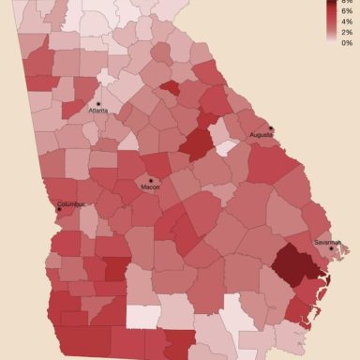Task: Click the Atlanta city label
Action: point(97,111)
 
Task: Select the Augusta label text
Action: point(262,135)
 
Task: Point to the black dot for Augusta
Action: point(271,127)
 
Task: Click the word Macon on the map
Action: point(150,187)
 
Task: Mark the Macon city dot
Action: point(150,179)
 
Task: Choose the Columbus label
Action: point(71,203)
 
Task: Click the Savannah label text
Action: point(327,242)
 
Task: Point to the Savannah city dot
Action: point(333,248)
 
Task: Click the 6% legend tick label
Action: point(346,10)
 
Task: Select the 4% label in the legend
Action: point(346,22)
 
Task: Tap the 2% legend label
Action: point(346,33)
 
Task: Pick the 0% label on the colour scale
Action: point(346,43)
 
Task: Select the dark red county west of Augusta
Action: point(196,145)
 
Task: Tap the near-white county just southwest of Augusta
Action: point(225,148)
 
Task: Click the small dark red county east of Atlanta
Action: point(170,89)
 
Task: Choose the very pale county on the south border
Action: point(142,316)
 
